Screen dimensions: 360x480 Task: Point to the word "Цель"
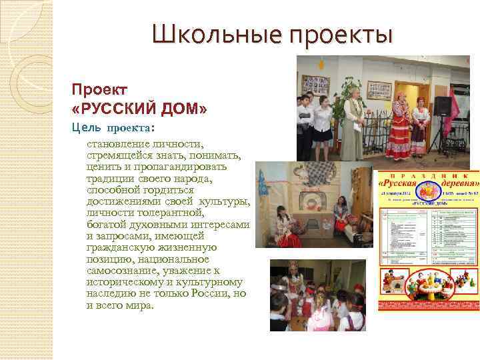coord(87,127)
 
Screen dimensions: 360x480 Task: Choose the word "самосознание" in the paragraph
coord(119,271)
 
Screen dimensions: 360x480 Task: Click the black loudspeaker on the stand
coord(443,107)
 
